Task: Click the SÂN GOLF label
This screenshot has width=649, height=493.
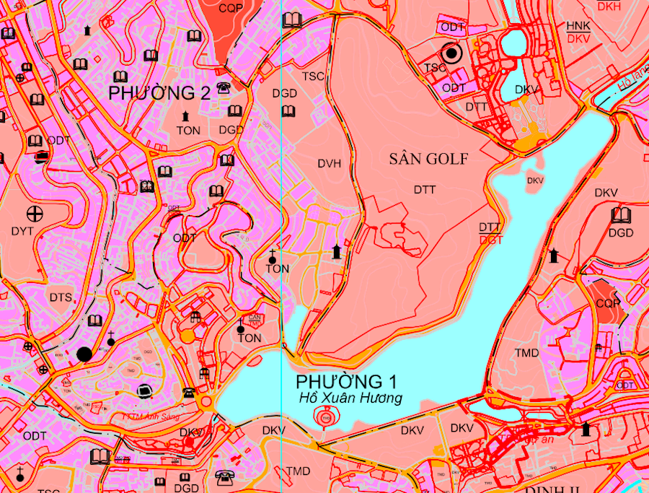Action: coord(430,159)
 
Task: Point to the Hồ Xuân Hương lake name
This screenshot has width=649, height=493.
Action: coord(351,398)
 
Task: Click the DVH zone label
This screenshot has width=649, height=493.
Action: coord(329,164)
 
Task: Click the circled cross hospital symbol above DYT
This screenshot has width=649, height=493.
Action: coord(34,213)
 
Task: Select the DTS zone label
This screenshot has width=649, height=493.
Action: coord(61,297)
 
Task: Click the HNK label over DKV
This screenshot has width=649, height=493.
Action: coord(578,26)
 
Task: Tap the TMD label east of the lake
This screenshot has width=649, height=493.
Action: coord(527,353)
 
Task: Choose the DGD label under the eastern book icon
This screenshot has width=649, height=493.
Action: coord(620,233)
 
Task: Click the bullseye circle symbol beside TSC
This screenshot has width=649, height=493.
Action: coord(452,53)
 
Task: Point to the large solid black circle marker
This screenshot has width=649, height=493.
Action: coord(84,354)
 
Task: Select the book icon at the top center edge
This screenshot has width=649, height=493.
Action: coord(292,19)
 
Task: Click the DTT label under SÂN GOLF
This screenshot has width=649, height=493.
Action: coord(425,189)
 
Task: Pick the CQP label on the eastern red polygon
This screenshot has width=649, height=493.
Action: coord(607,303)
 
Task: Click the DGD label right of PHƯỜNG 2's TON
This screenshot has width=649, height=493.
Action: coord(231,130)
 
